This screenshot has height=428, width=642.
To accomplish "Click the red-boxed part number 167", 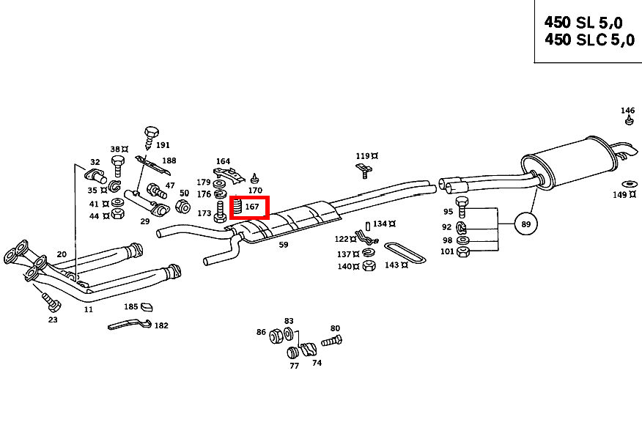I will click(x=252, y=207).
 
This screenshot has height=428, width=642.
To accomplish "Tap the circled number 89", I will click(x=525, y=223).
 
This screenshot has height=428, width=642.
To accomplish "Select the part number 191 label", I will click(x=162, y=145).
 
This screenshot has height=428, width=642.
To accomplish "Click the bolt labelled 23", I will click(x=48, y=300).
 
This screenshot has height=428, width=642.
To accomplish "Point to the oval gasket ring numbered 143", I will click(x=405, y=251).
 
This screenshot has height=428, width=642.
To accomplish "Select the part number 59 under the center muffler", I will click(x=283, y=245).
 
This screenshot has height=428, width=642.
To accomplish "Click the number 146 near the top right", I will click(x=628, y=111).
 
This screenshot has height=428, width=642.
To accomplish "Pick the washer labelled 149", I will click(x=630, y=182).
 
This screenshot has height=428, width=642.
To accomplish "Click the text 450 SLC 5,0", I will click(x=588, y=40).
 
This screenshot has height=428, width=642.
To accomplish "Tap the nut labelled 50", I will click(x=185, y=205).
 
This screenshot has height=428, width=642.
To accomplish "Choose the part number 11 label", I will click(x=89, y=309).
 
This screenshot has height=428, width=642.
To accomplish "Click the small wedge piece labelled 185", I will click(x=147, y=306).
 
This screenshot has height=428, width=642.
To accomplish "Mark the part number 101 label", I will click(x=447, y=252).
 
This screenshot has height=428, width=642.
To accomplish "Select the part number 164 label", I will click(x=223, y=161).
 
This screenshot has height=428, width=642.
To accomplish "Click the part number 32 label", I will click(x=95, y=162).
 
